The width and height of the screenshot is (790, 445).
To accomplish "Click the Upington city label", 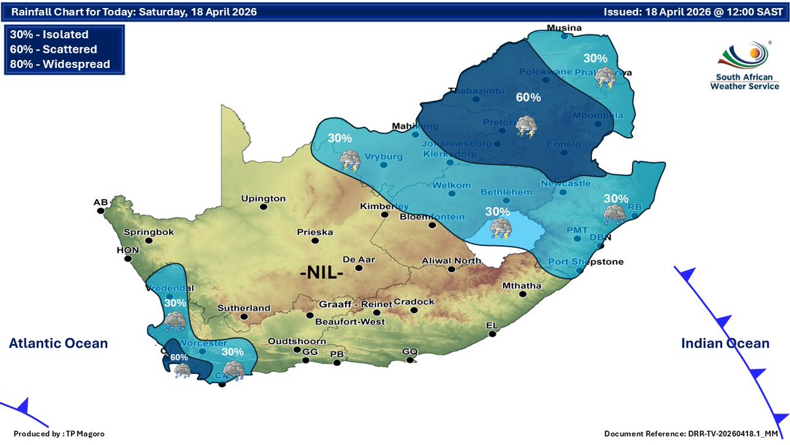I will [x=263, y=198].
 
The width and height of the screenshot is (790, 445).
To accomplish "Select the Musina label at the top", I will [x=564, y=28].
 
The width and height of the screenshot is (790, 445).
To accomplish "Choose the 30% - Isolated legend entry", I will [x=50, y=35].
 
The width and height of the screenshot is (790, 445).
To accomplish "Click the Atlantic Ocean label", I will [x=58, y=343].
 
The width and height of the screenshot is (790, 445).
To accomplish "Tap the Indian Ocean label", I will [x=725, y=343].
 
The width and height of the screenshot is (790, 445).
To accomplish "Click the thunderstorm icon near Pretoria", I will [x=526, y=127].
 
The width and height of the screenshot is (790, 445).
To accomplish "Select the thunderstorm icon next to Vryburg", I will [x=349, y=160].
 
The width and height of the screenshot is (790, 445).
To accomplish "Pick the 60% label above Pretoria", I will [x=528, y=98].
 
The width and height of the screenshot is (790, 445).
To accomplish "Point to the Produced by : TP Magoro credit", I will [x=59, y=433].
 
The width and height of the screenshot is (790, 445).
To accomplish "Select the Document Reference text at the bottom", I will [x=691, y=433].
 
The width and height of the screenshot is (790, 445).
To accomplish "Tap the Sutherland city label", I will [x=245, y=308].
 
